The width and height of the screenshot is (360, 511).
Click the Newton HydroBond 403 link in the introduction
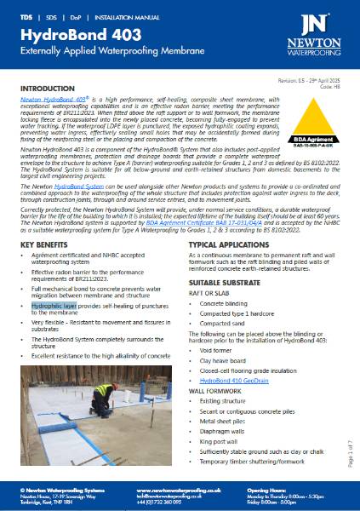click(50, 100)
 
